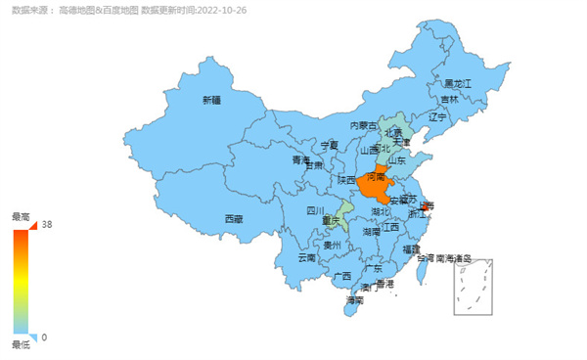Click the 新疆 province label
click(211, 100)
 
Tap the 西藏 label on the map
click(233, 218)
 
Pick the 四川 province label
click(314, 210)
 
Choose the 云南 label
click(307, 259)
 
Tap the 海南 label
click(355, 300)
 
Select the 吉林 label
click(449, 99)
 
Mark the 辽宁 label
click(436, 117)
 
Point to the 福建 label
click(412, 249)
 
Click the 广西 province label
click(341, 276)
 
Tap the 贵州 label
click(333, 247)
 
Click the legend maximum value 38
click(46, 224)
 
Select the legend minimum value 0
click(44, 337)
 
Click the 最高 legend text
click(21, 216)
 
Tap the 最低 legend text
click(21, 345)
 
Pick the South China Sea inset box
click(473, 287)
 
